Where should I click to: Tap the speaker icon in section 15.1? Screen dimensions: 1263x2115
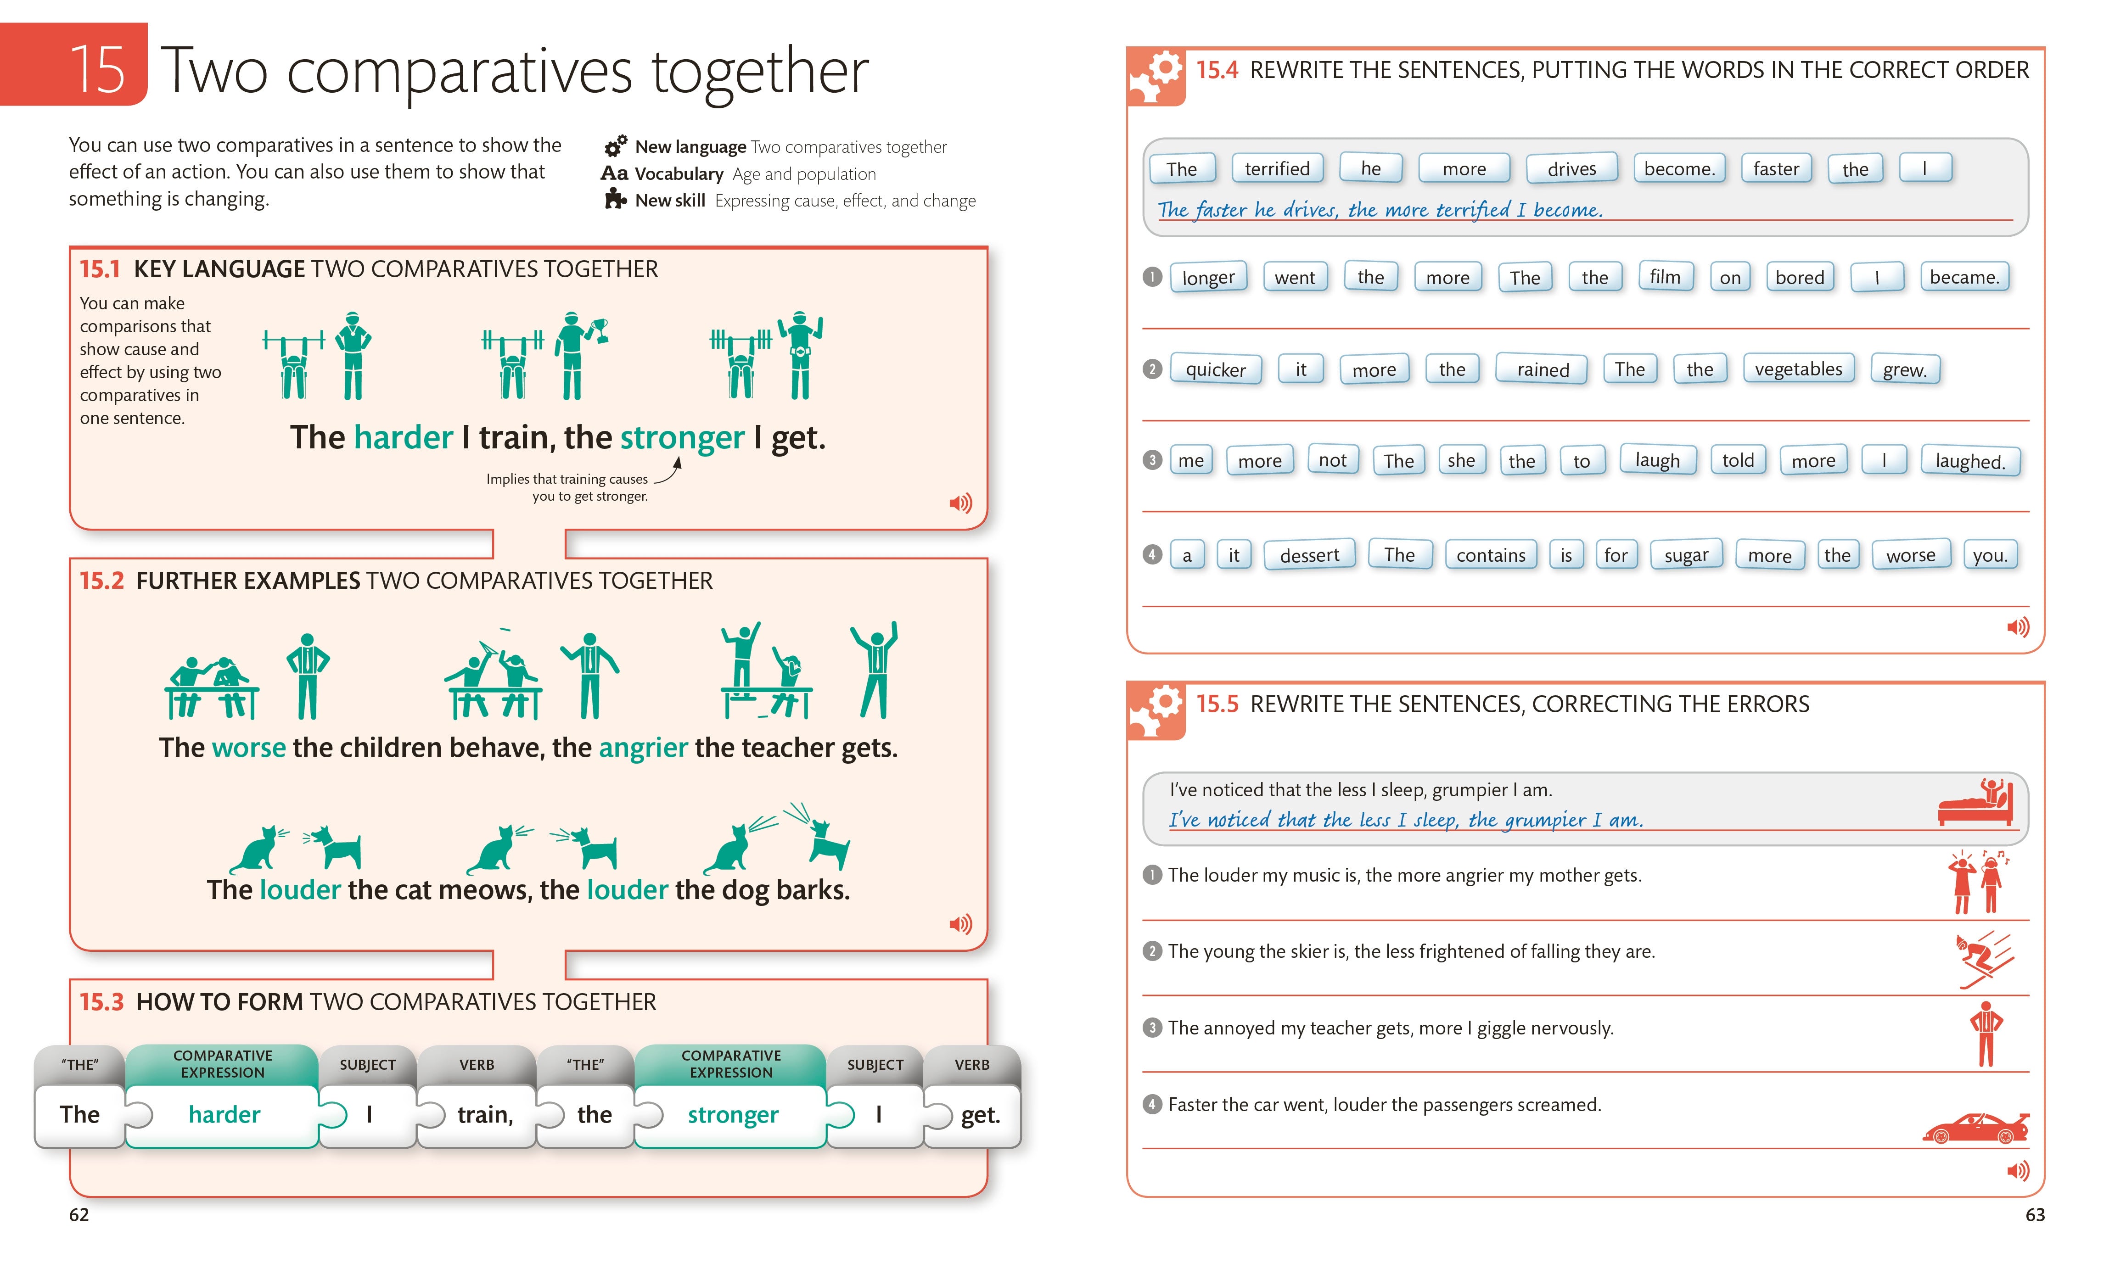960,503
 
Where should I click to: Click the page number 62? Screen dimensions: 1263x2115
79,1214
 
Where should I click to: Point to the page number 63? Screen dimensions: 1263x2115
2034,1214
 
